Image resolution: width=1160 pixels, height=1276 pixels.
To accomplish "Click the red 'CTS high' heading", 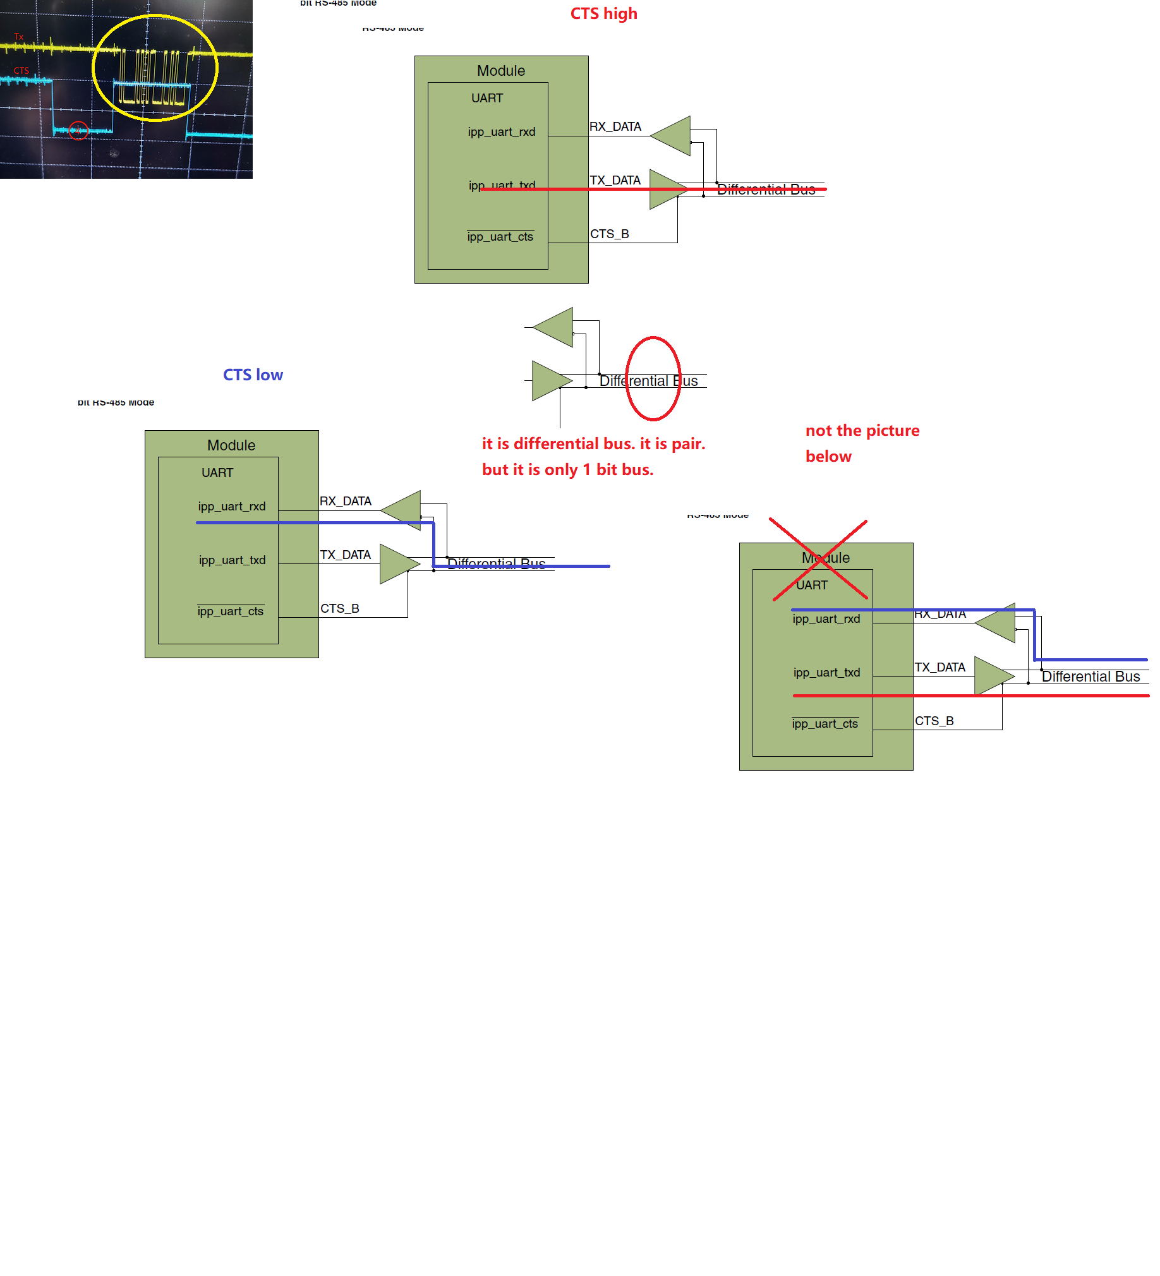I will (x=603, y=14).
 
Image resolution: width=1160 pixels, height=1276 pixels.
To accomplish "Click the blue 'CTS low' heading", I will (x=253, y=375).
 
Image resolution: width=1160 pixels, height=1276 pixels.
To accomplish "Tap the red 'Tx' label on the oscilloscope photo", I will (x=19, y=37).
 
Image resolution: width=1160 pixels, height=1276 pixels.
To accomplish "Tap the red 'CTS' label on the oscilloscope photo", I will (x=21, y=71).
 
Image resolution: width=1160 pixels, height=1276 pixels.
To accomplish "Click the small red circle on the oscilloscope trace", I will (x=78, y=130).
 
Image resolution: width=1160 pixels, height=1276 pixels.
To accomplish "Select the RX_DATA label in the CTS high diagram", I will (x=615, y=126).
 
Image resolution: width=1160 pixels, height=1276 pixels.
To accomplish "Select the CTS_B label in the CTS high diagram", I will (x=609, y=234).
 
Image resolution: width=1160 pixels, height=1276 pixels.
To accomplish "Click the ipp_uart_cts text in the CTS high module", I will (x=500, y=237).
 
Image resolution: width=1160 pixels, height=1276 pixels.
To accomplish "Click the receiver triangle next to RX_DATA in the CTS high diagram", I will (x=673, y=135).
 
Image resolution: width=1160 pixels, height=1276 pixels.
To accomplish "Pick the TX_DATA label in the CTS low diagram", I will (x=345, y=555).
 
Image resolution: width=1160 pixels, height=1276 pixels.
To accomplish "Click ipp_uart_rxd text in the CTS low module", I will (x=231, y=507).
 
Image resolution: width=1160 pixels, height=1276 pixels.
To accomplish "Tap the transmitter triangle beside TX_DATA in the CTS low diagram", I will (x=397, y=563).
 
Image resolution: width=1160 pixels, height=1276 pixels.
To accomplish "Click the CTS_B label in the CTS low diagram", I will (x=339, y=609).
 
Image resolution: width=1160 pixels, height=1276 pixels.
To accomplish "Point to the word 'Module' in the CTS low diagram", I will (x=231, y=445).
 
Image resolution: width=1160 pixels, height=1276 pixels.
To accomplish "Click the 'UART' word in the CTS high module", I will (x=486, y=98).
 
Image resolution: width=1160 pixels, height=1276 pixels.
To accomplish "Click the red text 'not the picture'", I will (x=862, y=430).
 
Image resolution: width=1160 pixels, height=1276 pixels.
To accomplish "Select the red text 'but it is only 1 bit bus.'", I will (x=567, y=469).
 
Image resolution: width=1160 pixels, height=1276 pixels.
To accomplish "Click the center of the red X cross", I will (x=819, y=560).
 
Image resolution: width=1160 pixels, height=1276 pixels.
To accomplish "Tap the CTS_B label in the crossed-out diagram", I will (x=933, y=721).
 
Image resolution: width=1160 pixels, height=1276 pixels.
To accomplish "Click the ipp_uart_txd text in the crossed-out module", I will (x=826, y=673).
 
